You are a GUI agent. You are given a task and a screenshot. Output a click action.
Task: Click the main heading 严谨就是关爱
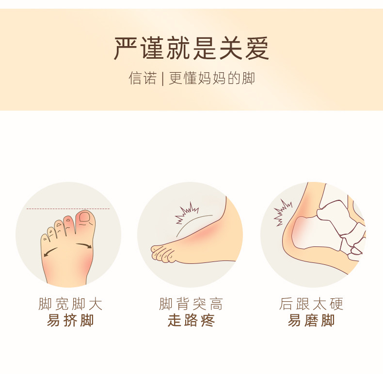click(x=192, y=48)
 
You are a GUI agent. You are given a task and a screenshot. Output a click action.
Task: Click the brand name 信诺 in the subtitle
click(x=143, y=78)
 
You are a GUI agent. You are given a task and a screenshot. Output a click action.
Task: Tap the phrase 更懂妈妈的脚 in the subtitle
click(x=212, y=78)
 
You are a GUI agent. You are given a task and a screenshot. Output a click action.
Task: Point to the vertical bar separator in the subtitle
click(x=163, y=79)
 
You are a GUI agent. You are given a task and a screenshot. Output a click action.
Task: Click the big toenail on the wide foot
click(x=85, y=217)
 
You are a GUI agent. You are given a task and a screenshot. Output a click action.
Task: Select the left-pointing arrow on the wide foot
click(x=50, y=252)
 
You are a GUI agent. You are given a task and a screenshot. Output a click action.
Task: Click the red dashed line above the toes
click(x=68, y=209)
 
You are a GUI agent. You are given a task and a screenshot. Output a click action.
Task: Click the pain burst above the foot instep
click(x=187, y=212)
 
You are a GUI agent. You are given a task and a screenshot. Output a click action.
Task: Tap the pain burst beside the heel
click(x=282, y=212)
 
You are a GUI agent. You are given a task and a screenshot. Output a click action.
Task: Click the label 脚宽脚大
click(x=70, y=304)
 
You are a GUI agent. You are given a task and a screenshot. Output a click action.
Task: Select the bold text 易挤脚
click(x=70, y=320)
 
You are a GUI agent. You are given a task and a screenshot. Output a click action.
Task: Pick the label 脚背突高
click(x=191, y=304)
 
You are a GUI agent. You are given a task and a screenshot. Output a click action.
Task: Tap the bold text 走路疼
click(x=191, y=320)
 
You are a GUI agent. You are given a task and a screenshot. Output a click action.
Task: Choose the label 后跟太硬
click(x=311, y=304)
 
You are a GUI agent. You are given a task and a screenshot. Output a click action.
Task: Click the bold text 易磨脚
click(x=311, y=320)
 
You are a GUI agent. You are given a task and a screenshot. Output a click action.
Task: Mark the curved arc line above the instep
click(x=190, y=221)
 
